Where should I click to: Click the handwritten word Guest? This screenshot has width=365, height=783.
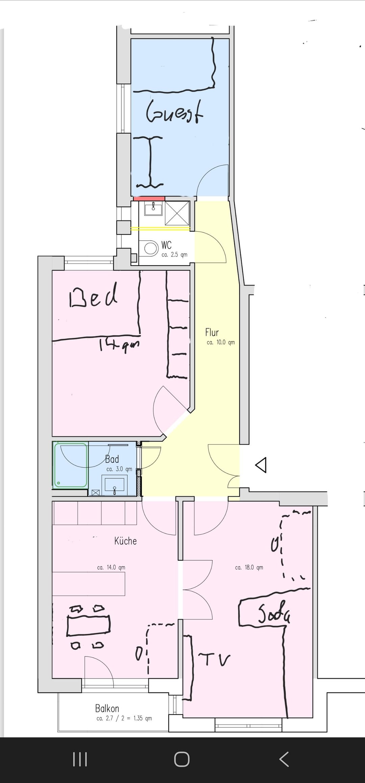point(174,111)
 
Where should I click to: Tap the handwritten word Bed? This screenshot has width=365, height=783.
point(93,295)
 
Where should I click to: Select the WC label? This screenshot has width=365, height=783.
point(166,245)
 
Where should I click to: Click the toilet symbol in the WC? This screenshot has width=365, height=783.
point(151,248)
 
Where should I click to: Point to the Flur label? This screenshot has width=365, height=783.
point(212,332)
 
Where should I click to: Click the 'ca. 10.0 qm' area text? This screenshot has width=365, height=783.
point(221,342)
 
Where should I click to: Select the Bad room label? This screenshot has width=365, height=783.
point(112,459)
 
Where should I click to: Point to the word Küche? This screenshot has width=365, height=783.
point(125,541)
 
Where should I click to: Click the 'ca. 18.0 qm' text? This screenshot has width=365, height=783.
point(249,567)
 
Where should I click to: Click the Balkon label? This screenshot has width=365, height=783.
point(107,708)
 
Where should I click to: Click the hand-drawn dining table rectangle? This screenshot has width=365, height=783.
point(89,625)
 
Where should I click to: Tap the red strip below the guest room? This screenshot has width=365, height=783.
point(149,198)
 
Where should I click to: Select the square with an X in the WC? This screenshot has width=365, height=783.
point(177,213)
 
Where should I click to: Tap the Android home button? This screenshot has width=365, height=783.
point(182,759)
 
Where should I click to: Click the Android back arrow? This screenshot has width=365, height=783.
point(284,759)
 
